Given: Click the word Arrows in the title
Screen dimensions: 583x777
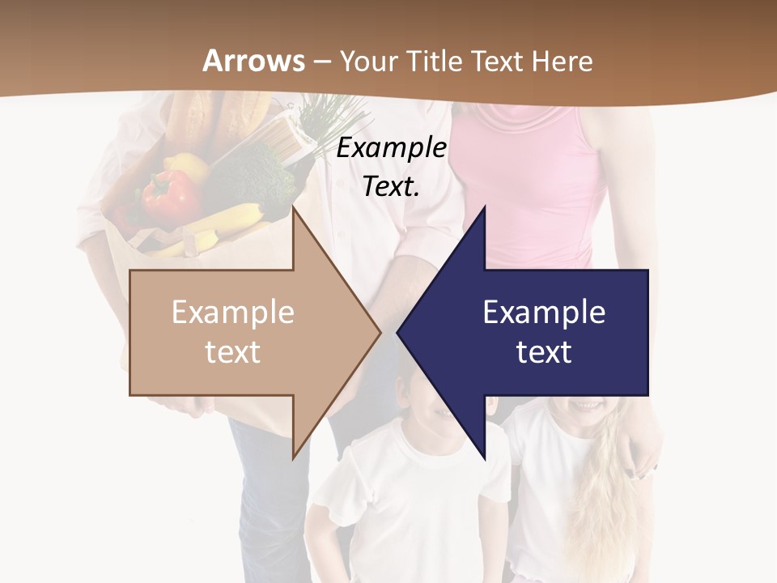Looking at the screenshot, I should tap(253, 61).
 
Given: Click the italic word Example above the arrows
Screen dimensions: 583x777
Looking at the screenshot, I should tap(391, 148).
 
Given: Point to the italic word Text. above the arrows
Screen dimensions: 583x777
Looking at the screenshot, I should tap(391, 187).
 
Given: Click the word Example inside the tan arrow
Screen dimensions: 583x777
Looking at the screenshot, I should tap(233, 313).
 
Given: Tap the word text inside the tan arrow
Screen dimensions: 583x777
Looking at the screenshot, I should tap(233, 352).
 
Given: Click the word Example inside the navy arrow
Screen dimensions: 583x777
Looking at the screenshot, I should tap(544, 313).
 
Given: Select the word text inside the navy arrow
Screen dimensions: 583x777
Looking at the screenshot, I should tap(544, 352).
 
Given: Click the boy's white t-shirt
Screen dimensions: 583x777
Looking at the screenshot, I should tap(405, 494).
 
